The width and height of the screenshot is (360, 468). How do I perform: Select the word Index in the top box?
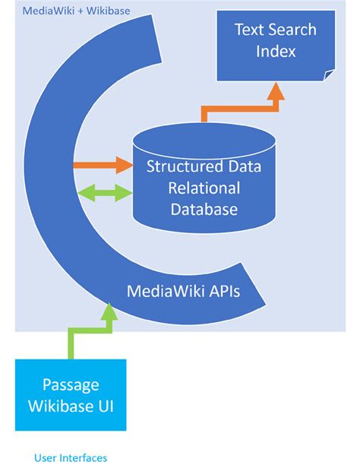275,52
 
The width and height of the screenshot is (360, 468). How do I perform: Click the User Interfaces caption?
71,457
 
